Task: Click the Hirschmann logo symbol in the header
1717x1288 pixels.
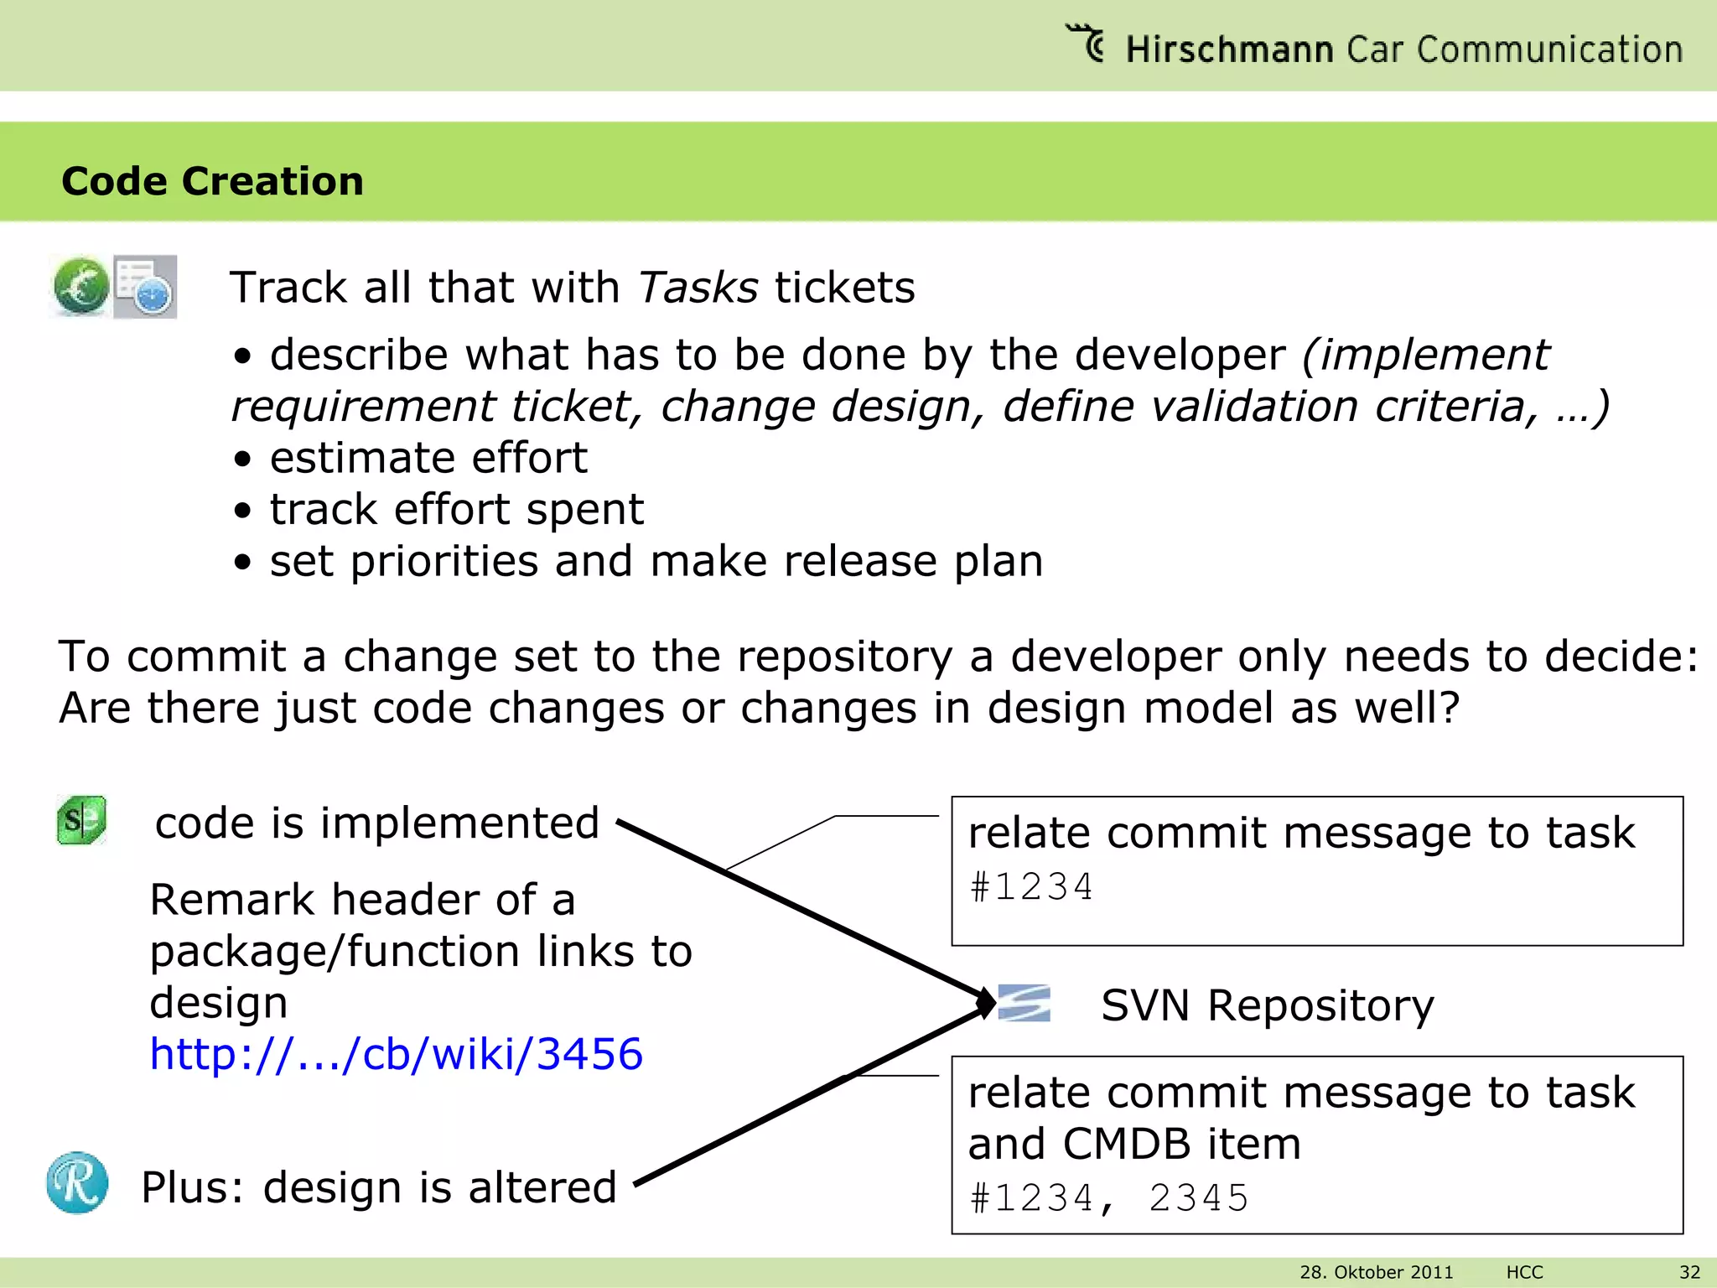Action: tap(1087, 43)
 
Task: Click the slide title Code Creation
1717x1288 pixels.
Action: tap(212, 181)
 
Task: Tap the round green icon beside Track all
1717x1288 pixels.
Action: tap(80, 287)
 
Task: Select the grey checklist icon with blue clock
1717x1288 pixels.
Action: tap(146, 287)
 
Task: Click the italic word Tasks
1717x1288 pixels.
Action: tap(698, 288)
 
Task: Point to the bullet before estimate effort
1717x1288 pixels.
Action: tap(242, 459)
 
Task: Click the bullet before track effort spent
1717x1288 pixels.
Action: tap(242, 511)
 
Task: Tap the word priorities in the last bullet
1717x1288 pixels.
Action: tap(444, 561)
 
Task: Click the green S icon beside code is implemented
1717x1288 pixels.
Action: tap(81, 819)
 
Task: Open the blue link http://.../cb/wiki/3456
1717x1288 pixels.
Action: tap(396, 1054)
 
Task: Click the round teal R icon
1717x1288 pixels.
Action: tap(77, 1182)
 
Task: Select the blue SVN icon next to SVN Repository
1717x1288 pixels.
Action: tap(1024, 1003)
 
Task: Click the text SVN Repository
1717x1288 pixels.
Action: tap(1267, 1005)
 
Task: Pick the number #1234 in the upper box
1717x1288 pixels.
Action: tap(1031, 887)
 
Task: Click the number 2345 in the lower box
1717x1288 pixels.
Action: tap(1199, 1198)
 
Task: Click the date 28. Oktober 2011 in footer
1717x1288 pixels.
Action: tap(1376, 1272)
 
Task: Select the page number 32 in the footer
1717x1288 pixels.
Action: tap(1690, 1272)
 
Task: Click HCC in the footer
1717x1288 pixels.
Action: tap(1524, 1272)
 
